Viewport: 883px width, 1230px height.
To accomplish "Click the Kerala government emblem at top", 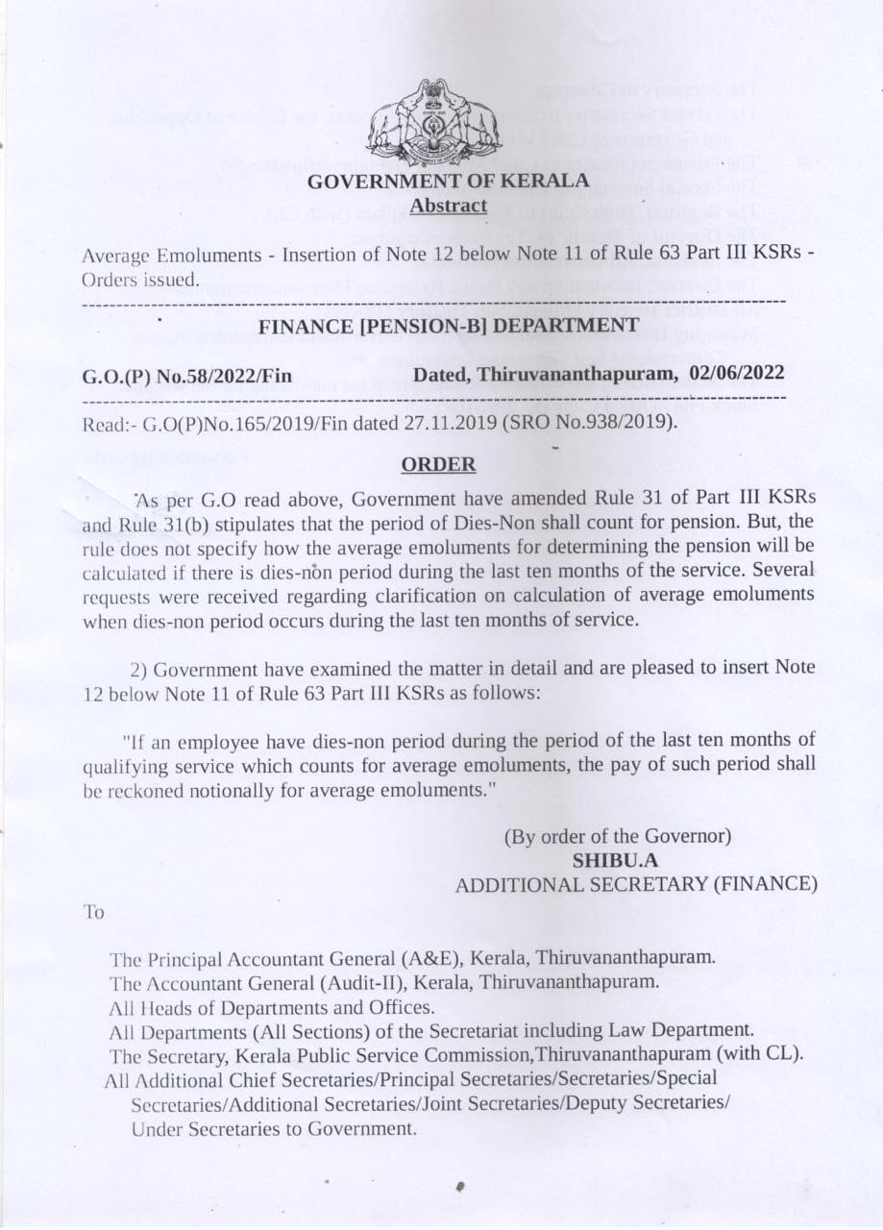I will (435, 123).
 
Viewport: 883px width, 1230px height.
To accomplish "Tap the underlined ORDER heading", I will (438, 465).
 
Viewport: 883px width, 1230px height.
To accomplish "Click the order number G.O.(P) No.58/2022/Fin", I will (187, 375).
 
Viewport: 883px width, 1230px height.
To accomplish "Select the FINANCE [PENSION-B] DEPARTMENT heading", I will (448, 326).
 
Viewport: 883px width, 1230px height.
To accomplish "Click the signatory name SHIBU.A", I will (615, 860).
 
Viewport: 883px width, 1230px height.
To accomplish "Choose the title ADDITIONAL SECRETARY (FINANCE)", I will (636, 885).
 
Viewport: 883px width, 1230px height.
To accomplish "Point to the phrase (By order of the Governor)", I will (619, 836).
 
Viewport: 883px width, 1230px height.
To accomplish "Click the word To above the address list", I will (94, 913).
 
